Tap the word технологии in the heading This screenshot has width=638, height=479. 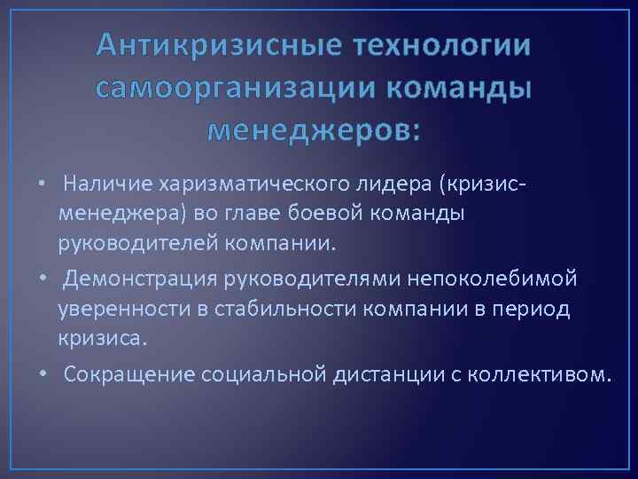(442, 44)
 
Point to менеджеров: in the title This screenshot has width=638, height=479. (315, 131)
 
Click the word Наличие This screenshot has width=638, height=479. (106, 184)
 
